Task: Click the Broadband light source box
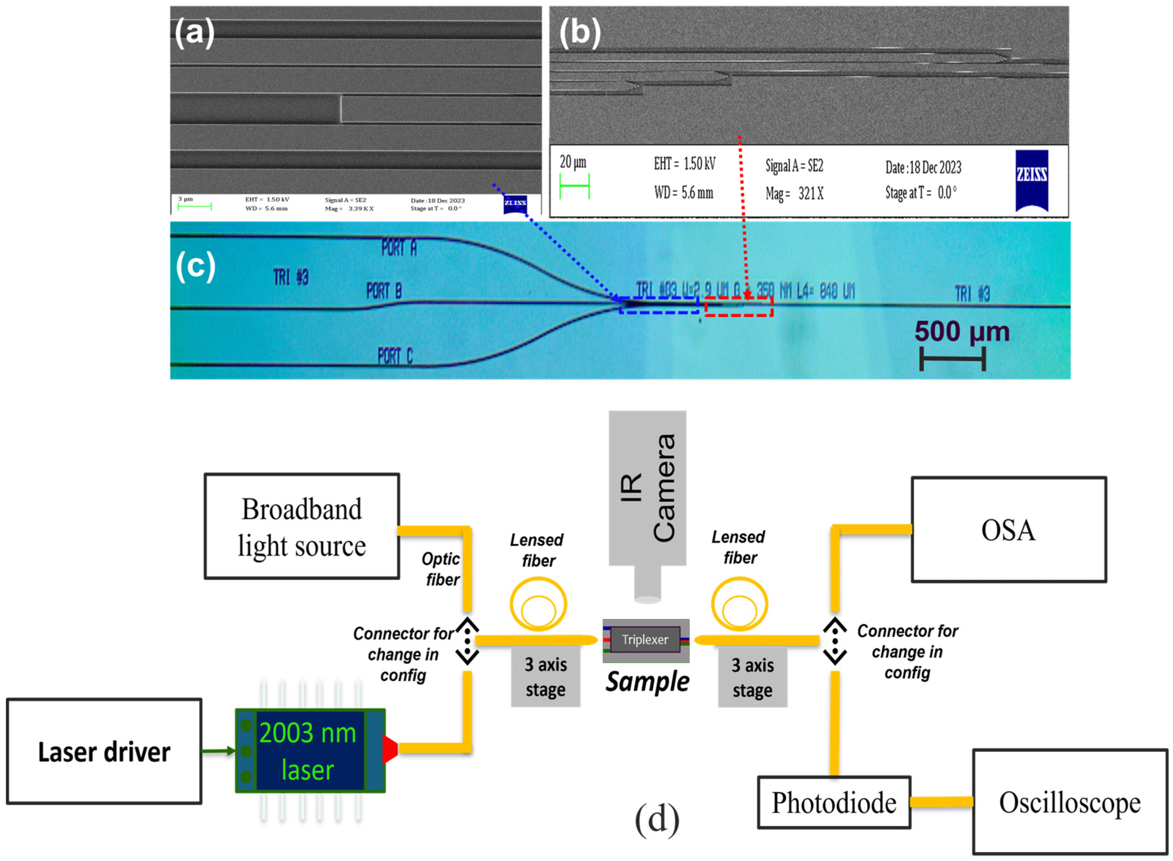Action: pos(301,526)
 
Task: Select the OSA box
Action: pos(1009,530)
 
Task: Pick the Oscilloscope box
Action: pos(1070,803)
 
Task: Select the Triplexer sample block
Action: pos(645,640)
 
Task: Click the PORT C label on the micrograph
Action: pos(395,356)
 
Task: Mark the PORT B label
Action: pos(384,291)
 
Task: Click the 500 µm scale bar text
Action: pos(962,331)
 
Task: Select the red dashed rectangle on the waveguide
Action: pos(738,307)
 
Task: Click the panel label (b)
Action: pos(580,32)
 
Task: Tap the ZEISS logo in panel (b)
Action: pos(1031,180)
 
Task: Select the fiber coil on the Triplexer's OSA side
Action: pos(739,605)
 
